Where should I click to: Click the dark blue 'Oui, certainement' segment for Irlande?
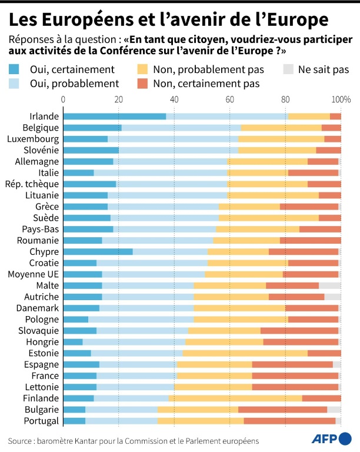pyautogui.click(x=115, y=117)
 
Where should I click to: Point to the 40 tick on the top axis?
pyautogui.click(x=174, y=98)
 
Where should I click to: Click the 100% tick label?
pyautogui.click(x=341, y=98)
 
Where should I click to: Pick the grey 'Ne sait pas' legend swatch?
pyautogui.click(x=288, y=69)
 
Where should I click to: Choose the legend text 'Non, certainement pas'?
pyautogui.click(x=206, y=84)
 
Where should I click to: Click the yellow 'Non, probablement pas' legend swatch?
pyautogui.click(x=143, y=69)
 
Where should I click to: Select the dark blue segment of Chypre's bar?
pyautogui.click(x=98, y=251)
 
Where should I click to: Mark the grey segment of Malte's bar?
pyautogui.click(x=330, y=285)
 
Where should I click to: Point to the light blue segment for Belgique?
pyautogui.click(x=181, y=128)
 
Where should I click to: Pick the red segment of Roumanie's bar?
pyautogui.click(x=311, y=240)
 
